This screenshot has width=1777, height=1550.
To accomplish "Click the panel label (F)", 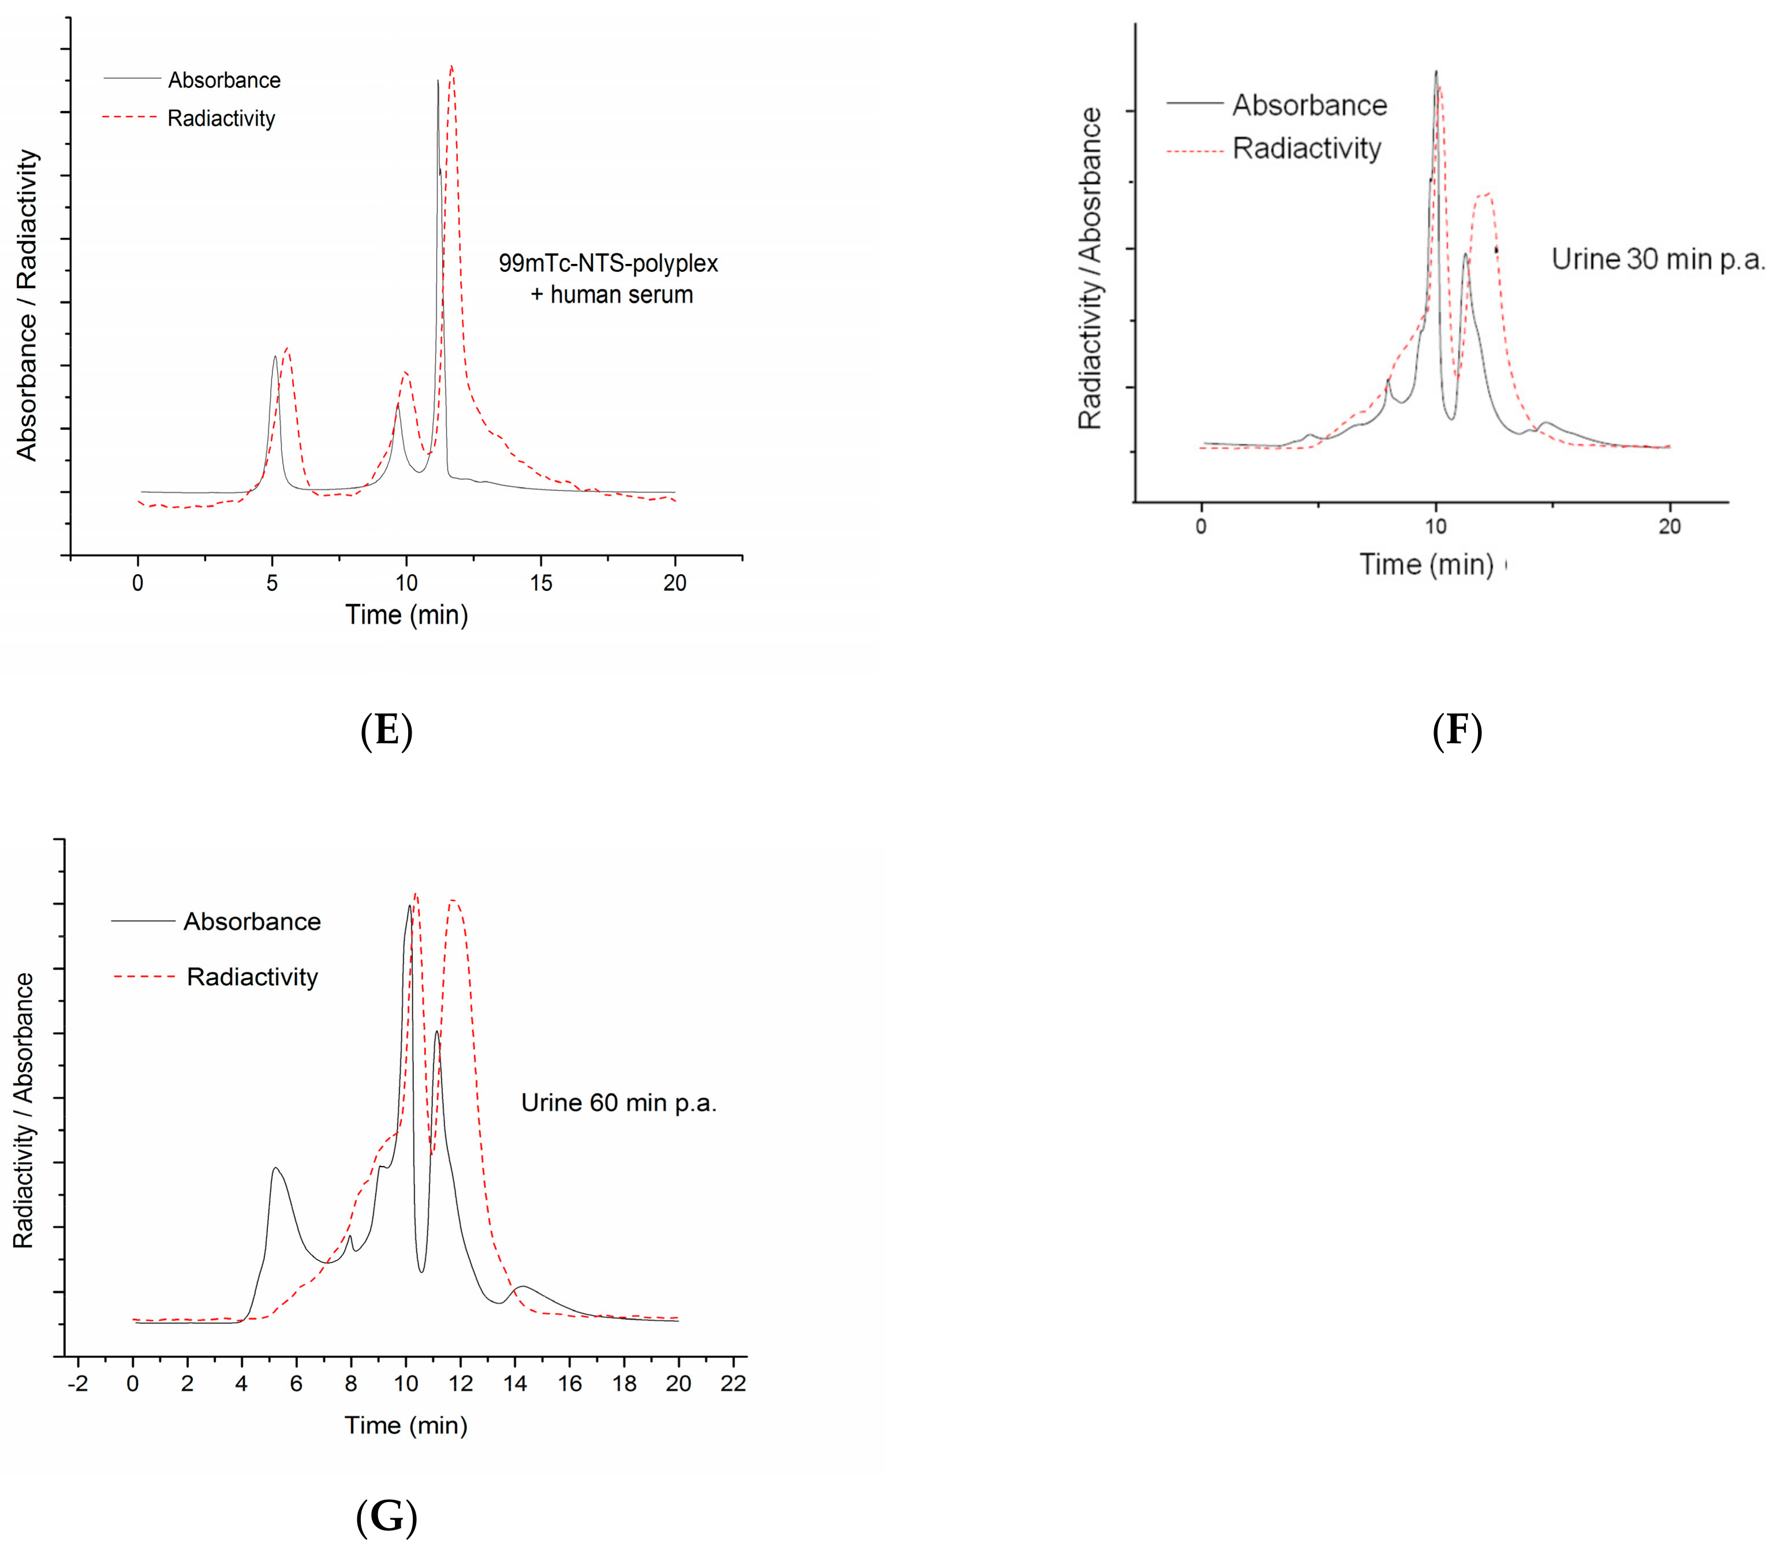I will pyautogui.click(x=1457, y=731).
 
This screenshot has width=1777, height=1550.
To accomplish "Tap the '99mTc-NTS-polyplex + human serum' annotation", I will pyautogui.click(x=608, y=278).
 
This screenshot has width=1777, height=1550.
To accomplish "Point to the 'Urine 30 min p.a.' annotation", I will pyautogui.click(x=1657, y=259).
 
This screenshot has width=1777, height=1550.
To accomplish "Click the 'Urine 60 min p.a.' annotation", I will pyautogui.click(x=618, y=1103).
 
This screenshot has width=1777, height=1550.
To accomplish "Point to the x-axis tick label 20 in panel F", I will pyautogui.click(x=1669, y=527).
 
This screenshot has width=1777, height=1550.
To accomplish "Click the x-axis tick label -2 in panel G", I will pyautogui.click(x=78, y=1383).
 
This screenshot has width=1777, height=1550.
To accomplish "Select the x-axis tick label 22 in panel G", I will pyautogui.click(x=733, y=1383).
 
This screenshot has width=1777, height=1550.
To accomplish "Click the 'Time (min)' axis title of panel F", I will pyautogui.click(x=1427, y=565).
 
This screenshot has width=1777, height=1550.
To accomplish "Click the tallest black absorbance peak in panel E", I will pyautogui.click(x=438, y=82).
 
